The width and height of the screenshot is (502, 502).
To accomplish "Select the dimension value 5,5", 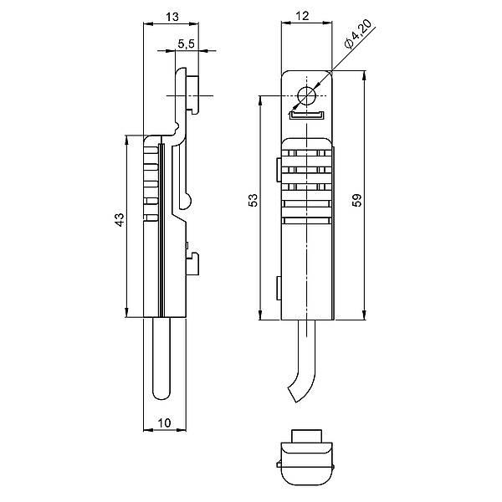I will click(x=187, y=44).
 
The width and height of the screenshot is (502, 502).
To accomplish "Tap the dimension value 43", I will click(x=119, y=219).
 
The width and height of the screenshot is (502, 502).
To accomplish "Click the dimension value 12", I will click(x=304, y=16).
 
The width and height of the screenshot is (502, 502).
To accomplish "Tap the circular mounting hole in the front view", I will click(x=307, y=94).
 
